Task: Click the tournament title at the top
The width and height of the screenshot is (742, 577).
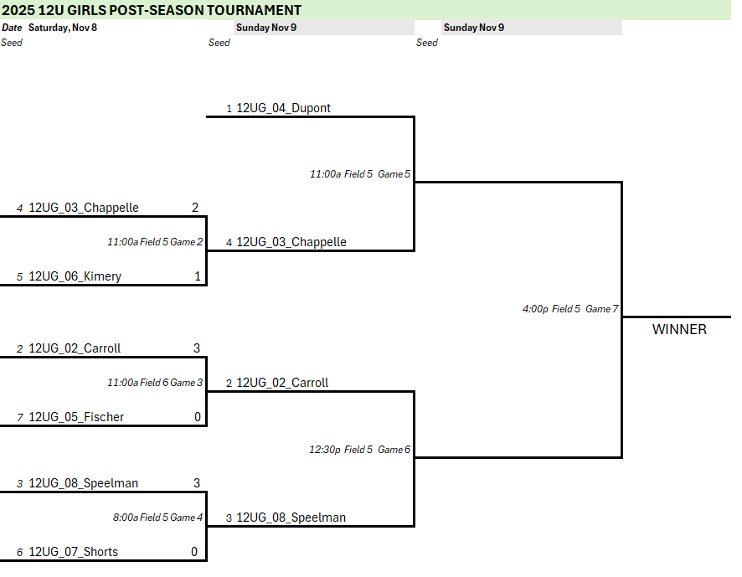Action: click(152, 10)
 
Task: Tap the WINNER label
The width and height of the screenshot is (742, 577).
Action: click(679, 329)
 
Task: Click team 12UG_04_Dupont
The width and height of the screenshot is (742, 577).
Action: click(283, 108)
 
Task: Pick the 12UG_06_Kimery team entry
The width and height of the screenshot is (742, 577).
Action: click(75, 276)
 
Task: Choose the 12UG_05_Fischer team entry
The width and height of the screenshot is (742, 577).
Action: click(76, 417)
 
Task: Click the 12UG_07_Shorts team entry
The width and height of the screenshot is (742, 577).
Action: click(73, 552)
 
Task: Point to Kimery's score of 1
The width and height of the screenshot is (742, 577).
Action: click(195, 276)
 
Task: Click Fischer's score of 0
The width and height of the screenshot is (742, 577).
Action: click(197, 417)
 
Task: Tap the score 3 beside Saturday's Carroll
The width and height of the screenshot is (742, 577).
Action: click(197, 348)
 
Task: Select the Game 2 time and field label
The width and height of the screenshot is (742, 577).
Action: click(155, 242)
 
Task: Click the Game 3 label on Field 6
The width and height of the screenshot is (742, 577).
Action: click(155, 383)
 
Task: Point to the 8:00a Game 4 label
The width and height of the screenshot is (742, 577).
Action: click(157, 518)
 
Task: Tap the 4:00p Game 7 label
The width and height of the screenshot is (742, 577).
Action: click(569, 309)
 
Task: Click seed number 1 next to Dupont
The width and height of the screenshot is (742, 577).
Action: click(229, 109)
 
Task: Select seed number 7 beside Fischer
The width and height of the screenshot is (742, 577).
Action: click(19, 417)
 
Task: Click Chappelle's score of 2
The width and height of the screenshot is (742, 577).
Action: click(195, 208)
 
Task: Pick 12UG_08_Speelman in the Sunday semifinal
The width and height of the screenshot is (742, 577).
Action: click(291, 518)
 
